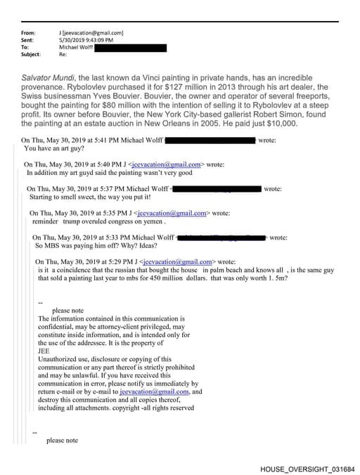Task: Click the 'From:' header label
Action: (x=28, y=33)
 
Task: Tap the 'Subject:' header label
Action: (x=32, y=54)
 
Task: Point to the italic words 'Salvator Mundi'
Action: (x=45, y=77)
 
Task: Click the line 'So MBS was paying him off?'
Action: (x=78, y=246)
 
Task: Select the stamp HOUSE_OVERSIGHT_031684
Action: (x=307, y=468)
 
